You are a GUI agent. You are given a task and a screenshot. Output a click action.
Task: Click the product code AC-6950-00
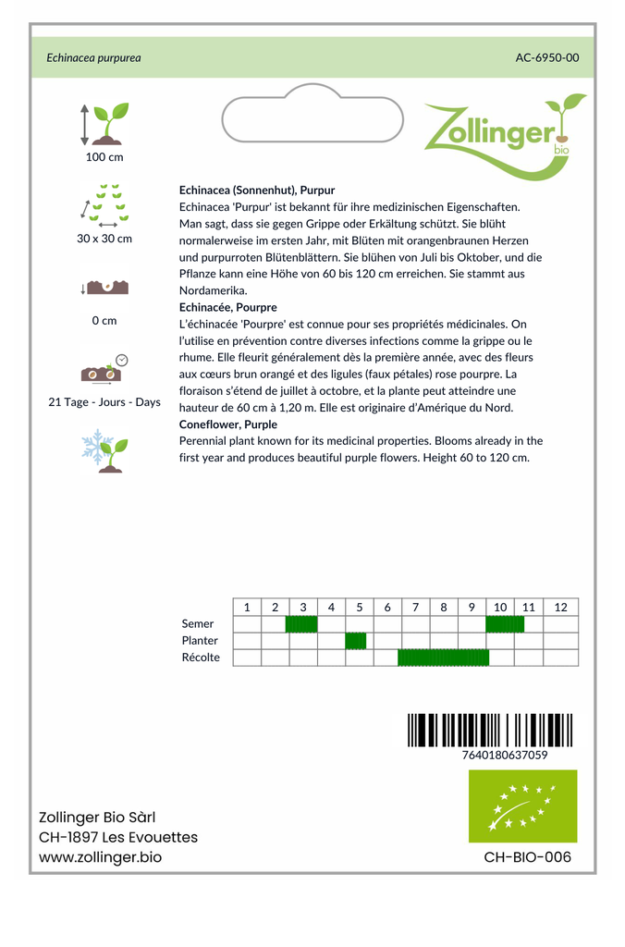(x=547, y=57)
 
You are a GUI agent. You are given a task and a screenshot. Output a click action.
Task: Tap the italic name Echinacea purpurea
(x=93, y=57)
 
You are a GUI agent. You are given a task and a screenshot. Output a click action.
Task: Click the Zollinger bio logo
(x=503, y=134)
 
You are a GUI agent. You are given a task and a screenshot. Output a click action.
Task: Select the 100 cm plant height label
(x=104, y=157)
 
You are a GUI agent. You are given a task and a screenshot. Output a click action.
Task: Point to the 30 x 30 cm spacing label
(x=104, y=239)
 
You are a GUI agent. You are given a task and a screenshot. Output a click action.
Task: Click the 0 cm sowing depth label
(x=104, y=321)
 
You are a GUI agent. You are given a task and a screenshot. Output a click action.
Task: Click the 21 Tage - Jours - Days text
(x=104, y=402)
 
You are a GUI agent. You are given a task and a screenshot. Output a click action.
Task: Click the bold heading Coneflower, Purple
(x=228, y=424)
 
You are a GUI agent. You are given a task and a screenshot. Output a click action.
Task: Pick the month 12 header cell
(x=560, y=608)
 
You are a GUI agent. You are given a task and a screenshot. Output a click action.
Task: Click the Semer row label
(x=198, y=624)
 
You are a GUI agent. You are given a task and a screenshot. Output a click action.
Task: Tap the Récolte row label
(x=201, y=658)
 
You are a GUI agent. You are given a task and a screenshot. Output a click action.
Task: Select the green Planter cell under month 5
(x=356, y=641)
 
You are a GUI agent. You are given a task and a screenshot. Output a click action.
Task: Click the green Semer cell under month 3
(x=301, y=624)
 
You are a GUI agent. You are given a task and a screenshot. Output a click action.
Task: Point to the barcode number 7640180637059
(x=504, y=755)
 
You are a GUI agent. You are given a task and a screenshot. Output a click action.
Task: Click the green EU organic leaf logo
(x=522, y=806)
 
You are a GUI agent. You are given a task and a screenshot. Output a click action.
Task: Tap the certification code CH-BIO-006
(x=528, y=857)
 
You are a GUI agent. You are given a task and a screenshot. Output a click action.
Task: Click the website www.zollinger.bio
(x=100, y=857)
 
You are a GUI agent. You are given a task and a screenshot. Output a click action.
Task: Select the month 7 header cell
(x=416, y=608)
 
